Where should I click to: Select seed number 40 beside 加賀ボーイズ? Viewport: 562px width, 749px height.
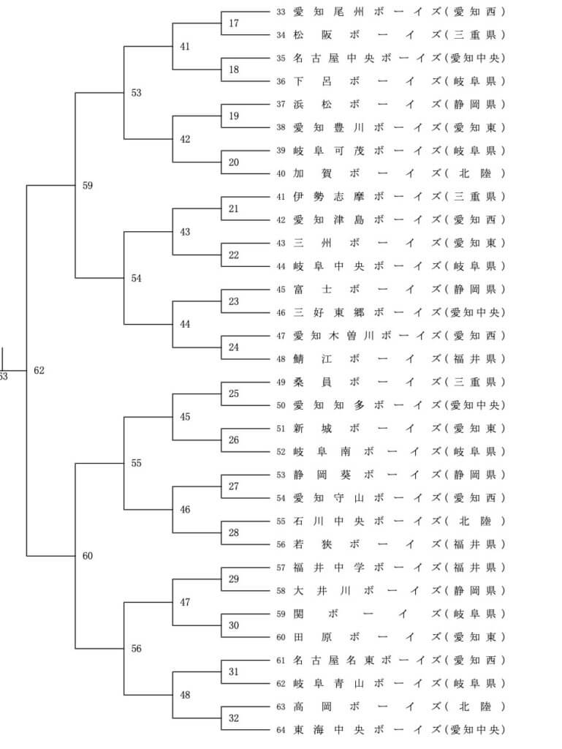click(x=281, y=174)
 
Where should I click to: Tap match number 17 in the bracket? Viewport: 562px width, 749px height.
click(x=234, y=23)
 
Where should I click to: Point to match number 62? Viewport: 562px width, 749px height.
click(x=39, y=371)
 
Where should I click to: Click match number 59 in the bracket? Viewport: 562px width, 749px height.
click(x=88, y=186)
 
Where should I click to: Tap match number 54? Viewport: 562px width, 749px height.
click(x=137, y=279)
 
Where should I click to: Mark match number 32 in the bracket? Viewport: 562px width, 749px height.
click(x=234, y=718)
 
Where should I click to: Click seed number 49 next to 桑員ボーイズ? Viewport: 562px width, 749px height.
click(x=281, y=383)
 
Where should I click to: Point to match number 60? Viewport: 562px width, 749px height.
click(x=88, y=557)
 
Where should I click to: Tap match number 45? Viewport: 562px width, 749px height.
click(x=185, y=417)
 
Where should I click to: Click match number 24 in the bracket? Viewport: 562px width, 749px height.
click(x=234, y=347)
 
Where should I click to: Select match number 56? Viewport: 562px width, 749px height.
click(x=137, y=649)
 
